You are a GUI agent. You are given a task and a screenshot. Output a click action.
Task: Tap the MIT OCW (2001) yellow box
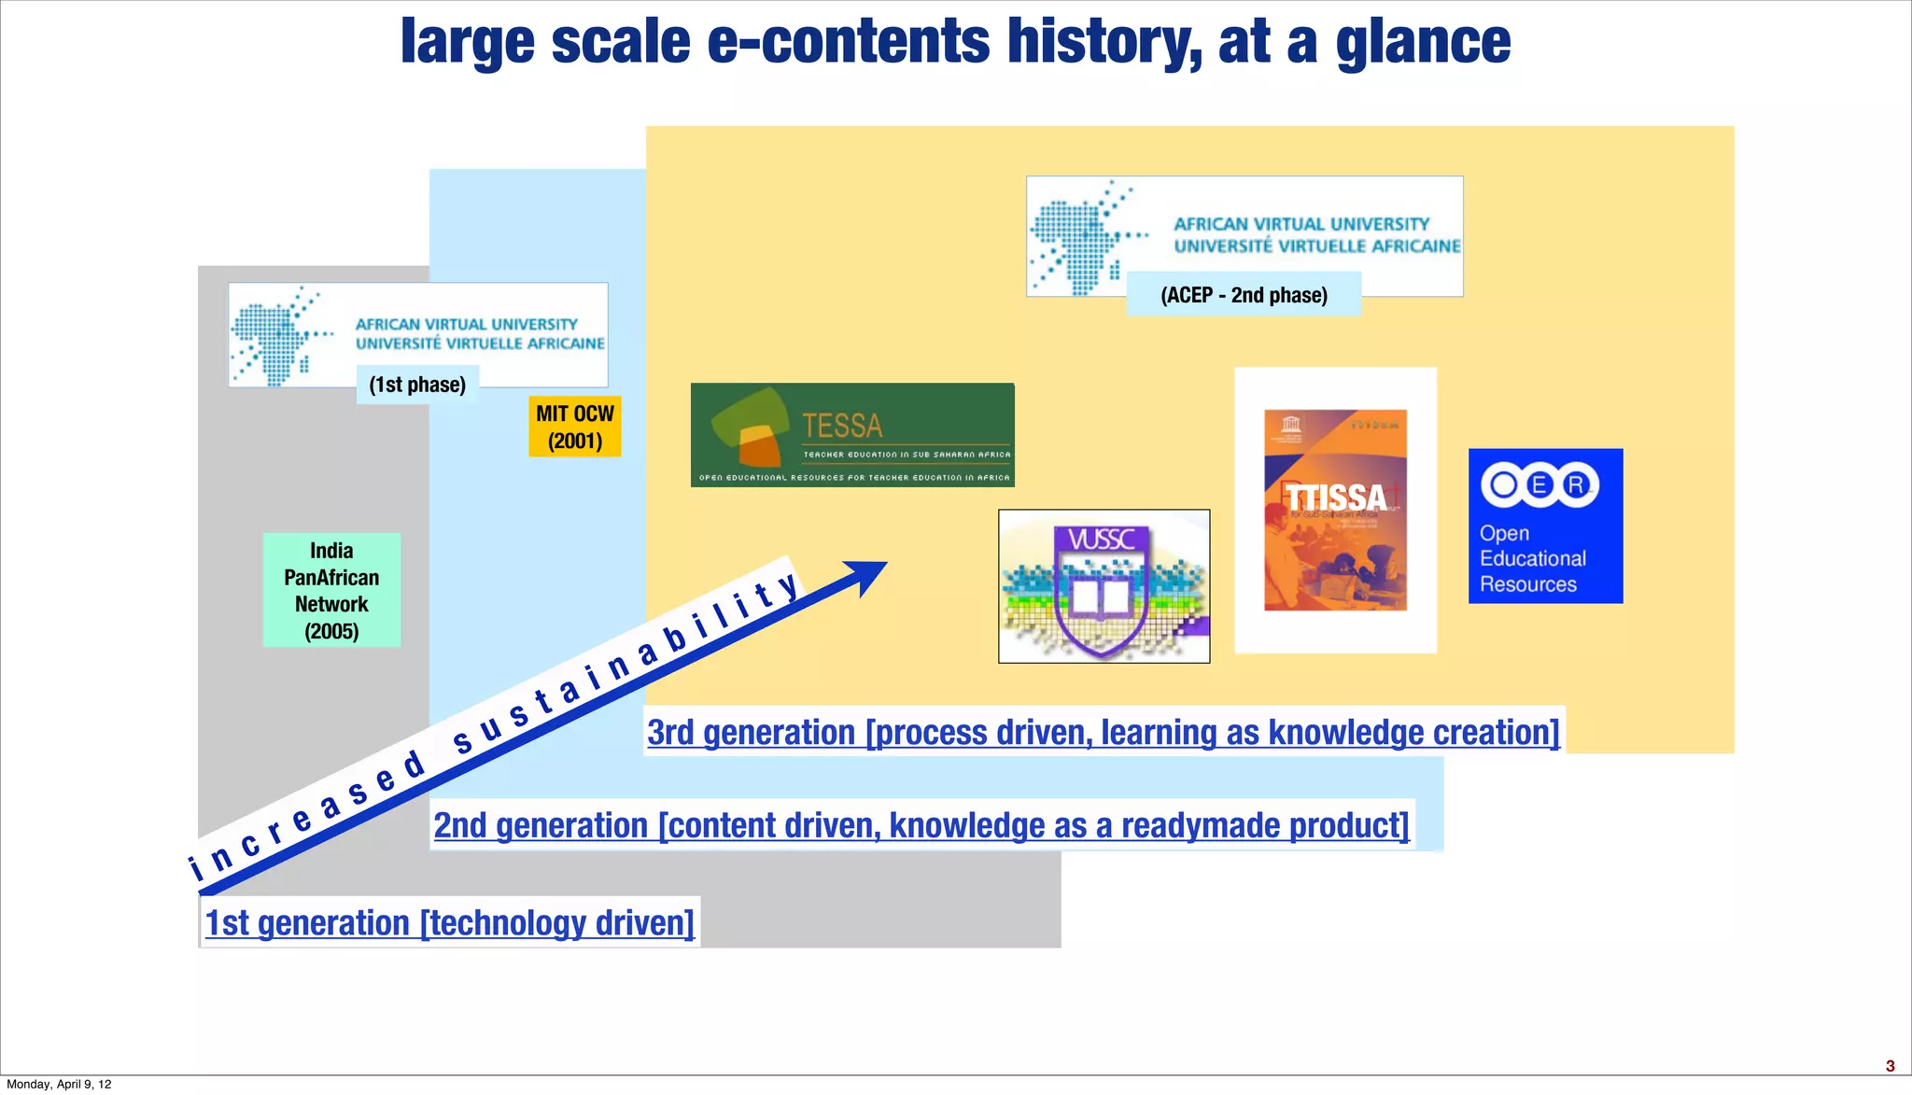click(574, 427)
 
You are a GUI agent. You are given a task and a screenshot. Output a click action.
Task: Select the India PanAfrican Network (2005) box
click(331, 590)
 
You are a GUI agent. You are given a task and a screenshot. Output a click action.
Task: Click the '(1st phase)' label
click(417, 385)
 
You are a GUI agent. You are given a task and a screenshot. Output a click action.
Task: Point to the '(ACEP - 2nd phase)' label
click(1244, 295)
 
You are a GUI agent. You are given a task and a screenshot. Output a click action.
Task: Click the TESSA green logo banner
click(852, 435)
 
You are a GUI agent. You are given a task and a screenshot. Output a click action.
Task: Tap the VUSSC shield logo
click(1104, 586)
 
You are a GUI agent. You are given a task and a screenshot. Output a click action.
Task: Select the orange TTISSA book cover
click(1335, 510)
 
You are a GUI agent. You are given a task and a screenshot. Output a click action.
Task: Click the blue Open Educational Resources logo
click(1545, 526)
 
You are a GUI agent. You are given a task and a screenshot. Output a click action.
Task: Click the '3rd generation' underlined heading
click(1103, 732)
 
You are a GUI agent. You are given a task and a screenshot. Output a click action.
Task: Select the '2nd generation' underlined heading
click(921, 825)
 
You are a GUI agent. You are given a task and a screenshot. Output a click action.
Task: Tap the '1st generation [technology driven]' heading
click(449, 922)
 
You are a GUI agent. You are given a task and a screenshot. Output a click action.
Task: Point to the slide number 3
click(1891, 1066)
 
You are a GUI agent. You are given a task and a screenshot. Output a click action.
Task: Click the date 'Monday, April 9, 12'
click(59, 1084)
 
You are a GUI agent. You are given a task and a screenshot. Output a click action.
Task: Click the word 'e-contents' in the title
click(848, 42)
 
